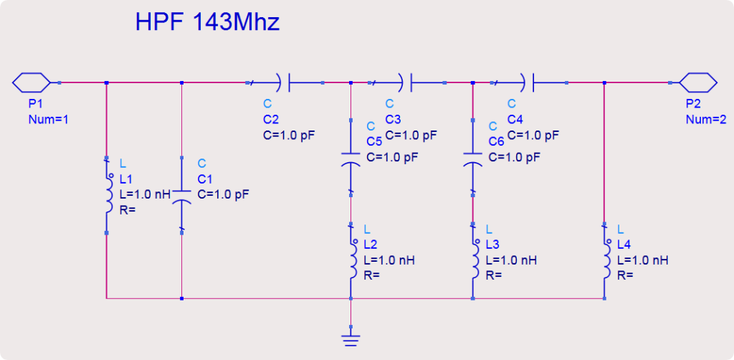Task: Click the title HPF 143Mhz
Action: coord(207,22)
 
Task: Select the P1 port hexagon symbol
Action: coord(31,83)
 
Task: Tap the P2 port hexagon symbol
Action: coord(698,83)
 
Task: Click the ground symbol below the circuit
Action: coord(351,340)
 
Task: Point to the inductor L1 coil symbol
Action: coord(109,195)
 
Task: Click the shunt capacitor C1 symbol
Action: coord(181,196)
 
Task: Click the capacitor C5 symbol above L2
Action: coord(351,159)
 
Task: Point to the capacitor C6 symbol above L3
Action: coord(473,159)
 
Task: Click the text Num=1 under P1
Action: coord(49,119)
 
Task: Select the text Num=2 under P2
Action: coord(706,119)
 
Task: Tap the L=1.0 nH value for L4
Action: coord(643,260)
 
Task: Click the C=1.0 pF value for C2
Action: coord(290,136)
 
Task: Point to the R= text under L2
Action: coord(372,275)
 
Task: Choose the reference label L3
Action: coord(493,245)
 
